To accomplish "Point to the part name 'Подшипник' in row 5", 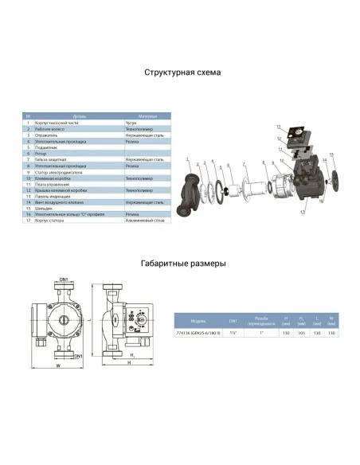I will click(45, 147).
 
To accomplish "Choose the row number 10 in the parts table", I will click(28, 180).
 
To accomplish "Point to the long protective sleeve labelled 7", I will click(253, 188).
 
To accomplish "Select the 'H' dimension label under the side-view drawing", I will click(127, 364).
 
